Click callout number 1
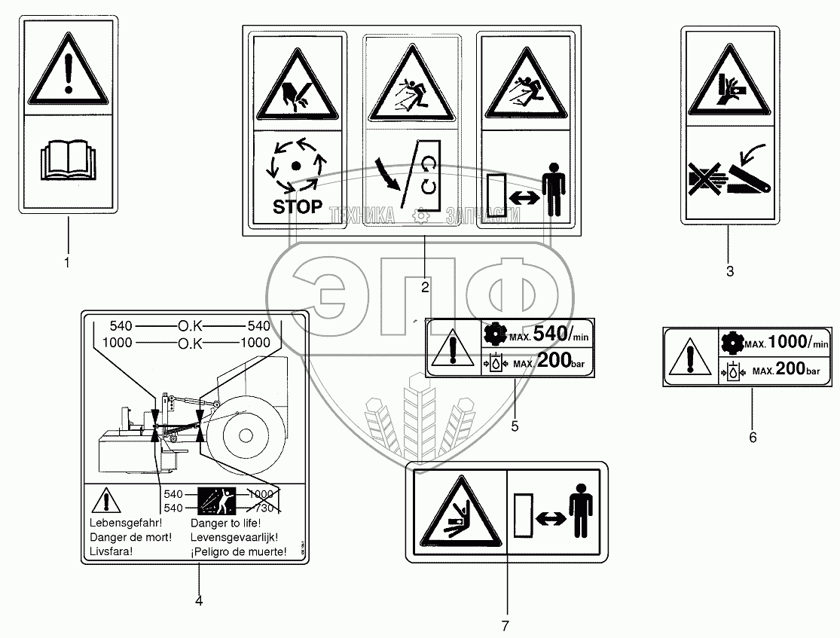pos(67,263)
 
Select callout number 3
pos(729,271)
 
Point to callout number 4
pos(199,600)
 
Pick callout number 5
pos(515,426)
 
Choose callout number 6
pos(753,437)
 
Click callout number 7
pos(506,626)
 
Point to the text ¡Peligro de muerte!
pos(239,551)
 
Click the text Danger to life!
pos(225,524)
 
